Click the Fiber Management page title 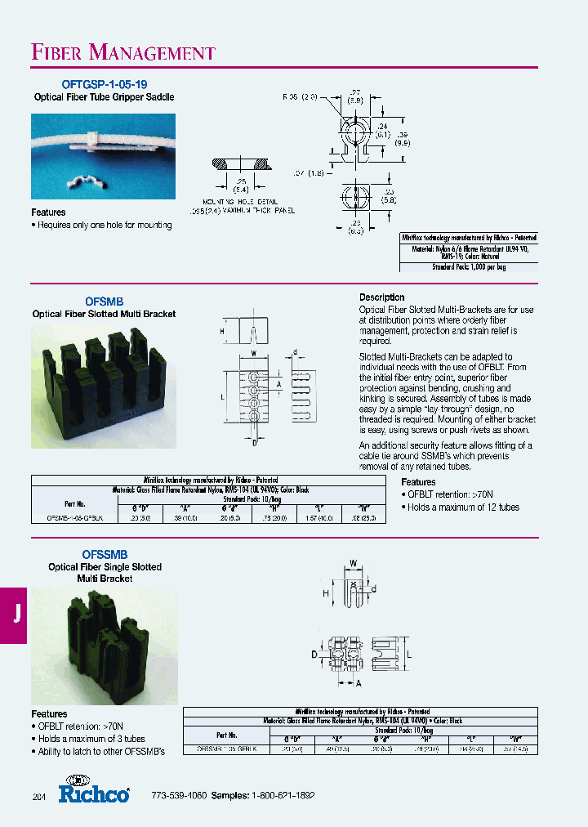point(123,53)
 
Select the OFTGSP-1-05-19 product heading point(105,84)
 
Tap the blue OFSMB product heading point(105,302)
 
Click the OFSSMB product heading point(105,554)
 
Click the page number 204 point(39,797)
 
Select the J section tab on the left point(16,615)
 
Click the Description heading point(382,297)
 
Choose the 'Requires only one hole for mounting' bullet point(102,225)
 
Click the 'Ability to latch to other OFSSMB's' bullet point(102,751)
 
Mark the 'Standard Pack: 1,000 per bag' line point(469,267)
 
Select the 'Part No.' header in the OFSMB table point(74,504)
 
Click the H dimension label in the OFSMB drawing point(221,331)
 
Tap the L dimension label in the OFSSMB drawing point(408,655)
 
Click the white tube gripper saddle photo point(103,156)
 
